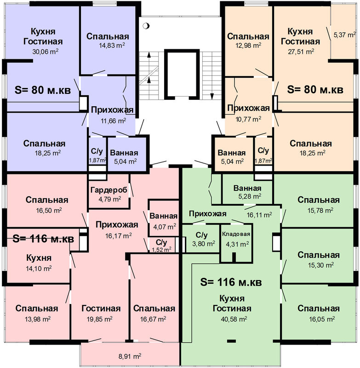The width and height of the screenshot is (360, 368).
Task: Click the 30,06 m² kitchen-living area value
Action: (x=45, y=52)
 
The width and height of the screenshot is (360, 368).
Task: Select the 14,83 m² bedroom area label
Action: (x=112, y=45)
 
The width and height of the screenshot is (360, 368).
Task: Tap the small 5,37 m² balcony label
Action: (x=344, y=35)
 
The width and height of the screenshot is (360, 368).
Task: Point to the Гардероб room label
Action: (x=109, y=190)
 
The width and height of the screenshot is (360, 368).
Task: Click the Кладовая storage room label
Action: (x=236, y=234)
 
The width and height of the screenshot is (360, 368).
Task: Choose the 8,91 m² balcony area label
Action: (x=130, y=356)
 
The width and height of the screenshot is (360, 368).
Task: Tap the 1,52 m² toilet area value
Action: (x=161, y=249)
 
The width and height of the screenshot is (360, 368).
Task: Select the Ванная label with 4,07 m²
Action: (x=164, y=216)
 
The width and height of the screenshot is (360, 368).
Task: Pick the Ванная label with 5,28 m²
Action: (x=247, y=188)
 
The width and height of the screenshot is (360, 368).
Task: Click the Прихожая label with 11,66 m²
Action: (x=112, y=110)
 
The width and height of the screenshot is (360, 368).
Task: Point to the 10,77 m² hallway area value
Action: (x=248, y=119)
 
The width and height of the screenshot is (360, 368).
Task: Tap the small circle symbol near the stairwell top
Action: (x=146, y=26)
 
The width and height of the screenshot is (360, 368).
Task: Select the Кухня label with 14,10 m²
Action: (x=39, y=258)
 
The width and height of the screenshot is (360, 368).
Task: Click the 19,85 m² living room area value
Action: (x=99, y=319)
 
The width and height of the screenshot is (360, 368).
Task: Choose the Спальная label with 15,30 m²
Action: (x=319, y=255)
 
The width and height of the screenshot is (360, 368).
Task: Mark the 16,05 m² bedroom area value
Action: (x=322, y=319)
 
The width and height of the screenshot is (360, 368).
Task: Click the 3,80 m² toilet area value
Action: (x=204, y=244)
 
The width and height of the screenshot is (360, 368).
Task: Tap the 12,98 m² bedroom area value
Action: (x=248, y=45)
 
